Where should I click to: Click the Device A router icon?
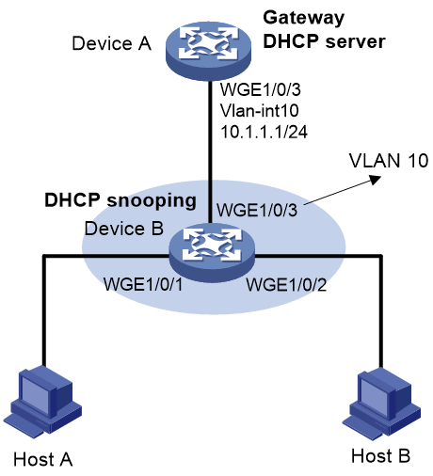click(208, 51)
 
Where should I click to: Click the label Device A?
click(112, 43)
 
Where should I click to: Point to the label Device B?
click(124, 229)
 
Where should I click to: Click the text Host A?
click(43, 460)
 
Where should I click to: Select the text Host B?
click(380, 455)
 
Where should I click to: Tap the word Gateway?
click(304, 18)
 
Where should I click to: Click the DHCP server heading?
click(324, 41)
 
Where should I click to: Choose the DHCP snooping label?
click(120, 200)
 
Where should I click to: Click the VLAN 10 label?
click(389, 161)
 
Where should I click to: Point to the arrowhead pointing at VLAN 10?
click(376, 180)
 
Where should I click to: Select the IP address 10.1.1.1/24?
click(264, 132)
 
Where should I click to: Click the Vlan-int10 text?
click(260, 110)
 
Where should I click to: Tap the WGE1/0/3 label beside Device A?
click(261, 89)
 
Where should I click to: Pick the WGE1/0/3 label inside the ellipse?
click(257, 210)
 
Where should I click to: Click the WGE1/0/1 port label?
click(143, 284)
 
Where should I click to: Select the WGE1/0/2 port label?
click(286, 284)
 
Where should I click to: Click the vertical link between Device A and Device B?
click(209, 152)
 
